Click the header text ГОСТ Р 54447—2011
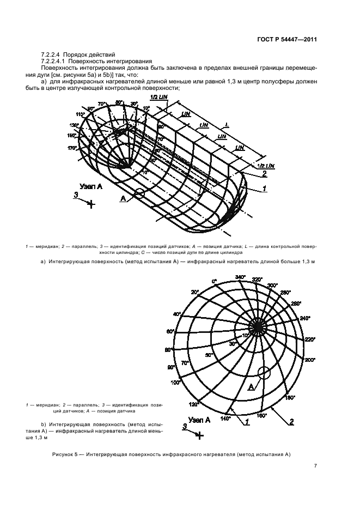[x=287, y=39]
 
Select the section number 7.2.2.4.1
[x=54, y=61]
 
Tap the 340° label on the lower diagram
[x=240, y=277]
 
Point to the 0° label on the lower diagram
[x=214, y=281]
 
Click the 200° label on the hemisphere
[x=310, y=360]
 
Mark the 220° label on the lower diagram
[x=310, y=339]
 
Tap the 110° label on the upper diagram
[x=81, y=114]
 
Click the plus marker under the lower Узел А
[x=200, y=435]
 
